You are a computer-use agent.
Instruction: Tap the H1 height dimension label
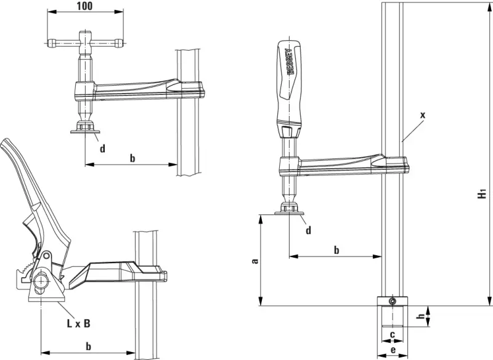[483, 194]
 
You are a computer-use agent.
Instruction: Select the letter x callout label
[422, 115]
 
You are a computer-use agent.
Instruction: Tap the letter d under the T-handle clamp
[102, 148]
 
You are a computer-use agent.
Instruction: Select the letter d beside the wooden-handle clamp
[308, 231]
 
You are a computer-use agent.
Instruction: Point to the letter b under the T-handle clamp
[132, 158]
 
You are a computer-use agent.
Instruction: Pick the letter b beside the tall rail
[336, 250]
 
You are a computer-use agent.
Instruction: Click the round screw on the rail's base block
[391, 301]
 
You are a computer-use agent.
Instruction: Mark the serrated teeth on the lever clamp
[25, 267]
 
